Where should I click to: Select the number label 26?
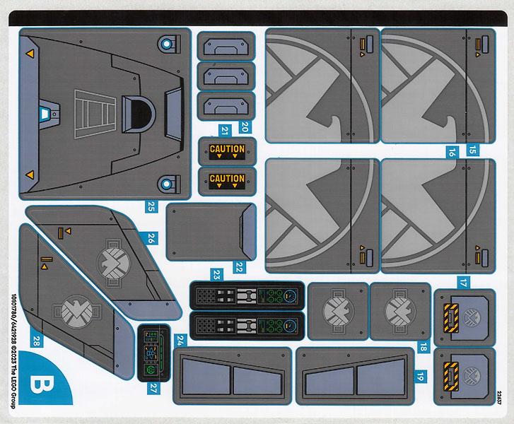coord(151,240)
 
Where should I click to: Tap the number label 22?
coord(239,267)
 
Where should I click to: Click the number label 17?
coord(463,282)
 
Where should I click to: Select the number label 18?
coord(423,346)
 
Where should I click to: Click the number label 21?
coord(225,129)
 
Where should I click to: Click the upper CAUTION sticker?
coord(227,151)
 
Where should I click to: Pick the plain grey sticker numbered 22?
coord(210,232)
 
